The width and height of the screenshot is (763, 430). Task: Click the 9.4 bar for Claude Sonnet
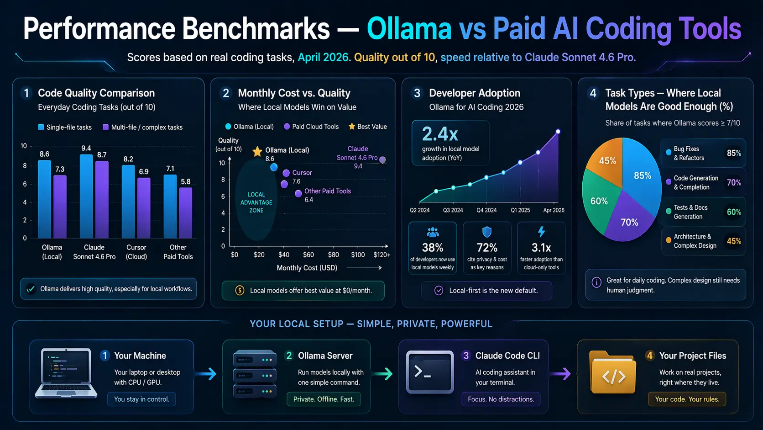[86, 196]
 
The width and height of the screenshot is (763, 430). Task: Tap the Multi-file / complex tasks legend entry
[143, 127]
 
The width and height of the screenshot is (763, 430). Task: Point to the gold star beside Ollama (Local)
[257, 151]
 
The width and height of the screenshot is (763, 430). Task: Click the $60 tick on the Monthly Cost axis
[308, 255]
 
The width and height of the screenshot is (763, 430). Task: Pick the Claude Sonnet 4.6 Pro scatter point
[382, 160]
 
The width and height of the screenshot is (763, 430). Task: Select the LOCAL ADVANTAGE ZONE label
[256, 202]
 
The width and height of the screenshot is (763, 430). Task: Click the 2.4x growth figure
[440, 134]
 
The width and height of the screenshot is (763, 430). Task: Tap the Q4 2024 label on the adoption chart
[486, 210]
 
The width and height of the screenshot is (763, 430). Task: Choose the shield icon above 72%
[487, 232]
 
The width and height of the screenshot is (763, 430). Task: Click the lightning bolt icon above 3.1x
[541, 232]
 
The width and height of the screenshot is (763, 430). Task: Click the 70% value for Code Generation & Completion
[734, 183]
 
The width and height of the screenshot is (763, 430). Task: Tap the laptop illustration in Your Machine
[66, 373]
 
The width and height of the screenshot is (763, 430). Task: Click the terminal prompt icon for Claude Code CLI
[429, 372]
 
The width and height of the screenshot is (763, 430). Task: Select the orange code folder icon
[612, 373]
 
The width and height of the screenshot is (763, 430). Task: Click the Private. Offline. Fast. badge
[324, 399]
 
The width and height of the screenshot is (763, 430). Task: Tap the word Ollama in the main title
[409, 29]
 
